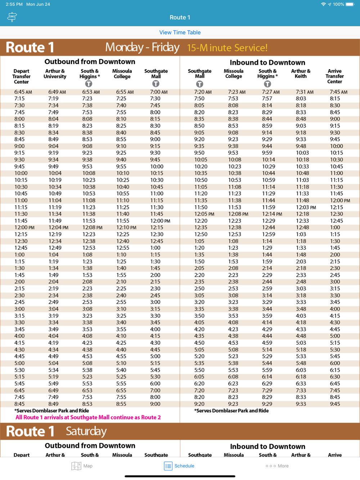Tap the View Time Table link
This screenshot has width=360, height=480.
(x=180, y=32)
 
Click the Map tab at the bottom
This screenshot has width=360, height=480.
(x=82, y=466)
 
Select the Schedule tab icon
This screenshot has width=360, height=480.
(x=168, y=466)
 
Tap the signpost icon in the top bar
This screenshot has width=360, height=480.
(x=12, y=17)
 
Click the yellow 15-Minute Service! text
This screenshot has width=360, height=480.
(x=227, y=48)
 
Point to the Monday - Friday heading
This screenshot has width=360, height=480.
(x=142, y=47)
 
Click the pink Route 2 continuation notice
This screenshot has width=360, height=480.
(x=88, y=417)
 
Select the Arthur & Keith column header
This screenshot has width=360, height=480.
(x=301, y=74)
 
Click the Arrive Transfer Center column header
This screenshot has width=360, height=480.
(x=334, y=76)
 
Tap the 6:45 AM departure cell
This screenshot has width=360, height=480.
(x=23, y=92)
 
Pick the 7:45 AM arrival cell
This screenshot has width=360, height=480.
(x=338, y=92)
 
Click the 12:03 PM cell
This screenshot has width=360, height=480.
(x=306, y=207)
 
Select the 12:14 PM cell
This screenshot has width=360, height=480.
(x=272, y=214)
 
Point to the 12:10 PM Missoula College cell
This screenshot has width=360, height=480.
(x=126, y=228)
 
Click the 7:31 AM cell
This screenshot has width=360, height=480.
(x=305, y=92)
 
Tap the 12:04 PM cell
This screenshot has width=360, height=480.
(x=58, y=228)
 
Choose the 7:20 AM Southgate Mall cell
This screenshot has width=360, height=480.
(x=203, y=92)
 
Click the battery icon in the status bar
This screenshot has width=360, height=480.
(x=350, y=4)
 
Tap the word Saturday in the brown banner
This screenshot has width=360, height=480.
(x=86, y=431)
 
